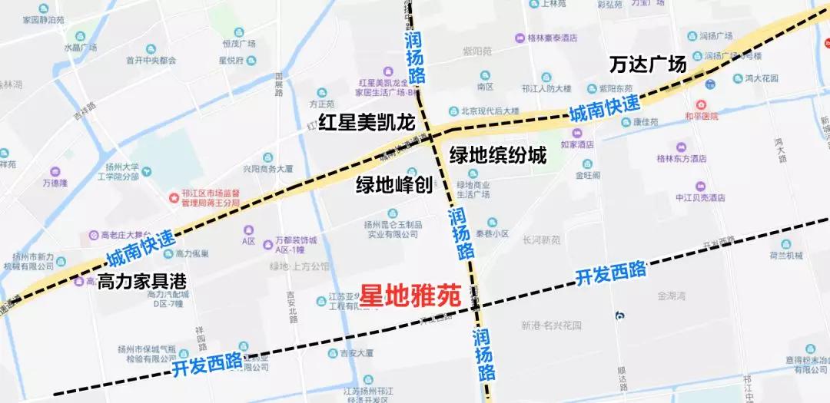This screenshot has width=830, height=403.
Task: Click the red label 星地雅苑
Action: pyautogui.click(x=410, y=295)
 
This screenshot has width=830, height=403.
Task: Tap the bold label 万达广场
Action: pyautogui.click(x=647, y=64)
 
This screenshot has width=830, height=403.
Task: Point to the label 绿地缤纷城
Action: pyautogui.click(x=497, y=156)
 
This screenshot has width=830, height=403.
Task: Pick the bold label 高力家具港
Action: pyautogui.click(x=141, y=281)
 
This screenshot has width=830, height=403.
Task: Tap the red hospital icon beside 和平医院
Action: pyautogui.click(x=699, y=104)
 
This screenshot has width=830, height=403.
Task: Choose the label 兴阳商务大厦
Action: pyautogui.click(x=268, y=168)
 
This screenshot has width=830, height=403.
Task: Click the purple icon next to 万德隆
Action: pyautogui.click(x=55, y=171)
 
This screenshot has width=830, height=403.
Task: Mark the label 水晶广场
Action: pyautogui.click(x=81, y=48)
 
